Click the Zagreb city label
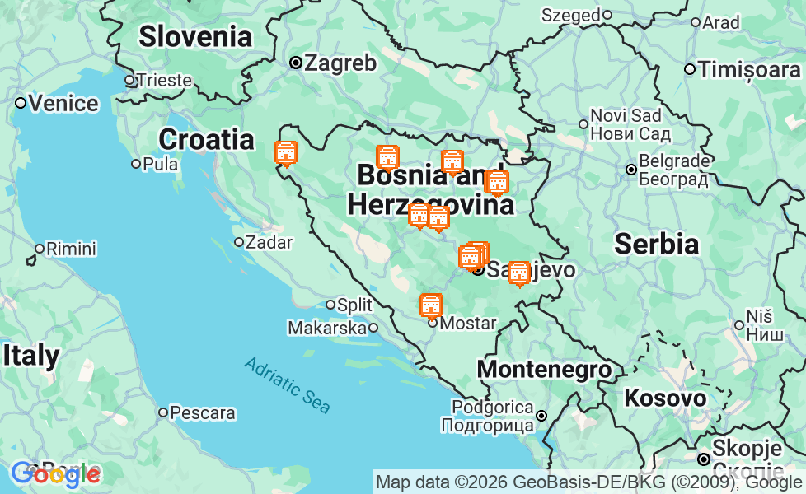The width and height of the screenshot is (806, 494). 340,63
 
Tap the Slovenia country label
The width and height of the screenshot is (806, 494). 195,36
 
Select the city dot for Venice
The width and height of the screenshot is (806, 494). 21,103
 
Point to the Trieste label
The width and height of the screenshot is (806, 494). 165,81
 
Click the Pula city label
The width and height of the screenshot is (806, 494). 160,164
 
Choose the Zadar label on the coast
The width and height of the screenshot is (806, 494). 269,242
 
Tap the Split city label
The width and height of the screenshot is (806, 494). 355,305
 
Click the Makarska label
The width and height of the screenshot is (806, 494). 326,328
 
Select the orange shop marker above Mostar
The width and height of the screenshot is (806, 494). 430,305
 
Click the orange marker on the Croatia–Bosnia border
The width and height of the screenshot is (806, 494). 285,153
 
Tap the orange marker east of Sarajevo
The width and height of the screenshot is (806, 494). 518,273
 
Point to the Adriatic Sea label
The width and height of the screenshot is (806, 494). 288,385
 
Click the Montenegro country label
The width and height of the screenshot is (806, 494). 545,370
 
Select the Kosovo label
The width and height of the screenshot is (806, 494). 665,398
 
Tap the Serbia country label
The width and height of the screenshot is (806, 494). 657,244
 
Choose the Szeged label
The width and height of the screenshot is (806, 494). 571,15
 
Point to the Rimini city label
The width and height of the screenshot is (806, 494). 71,249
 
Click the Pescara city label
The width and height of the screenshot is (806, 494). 203,412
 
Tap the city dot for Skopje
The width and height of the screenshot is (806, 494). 704,459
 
